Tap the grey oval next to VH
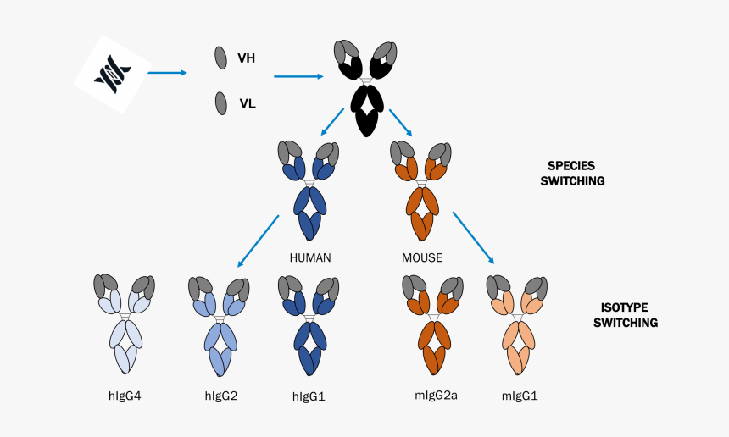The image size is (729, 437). pos(220,58)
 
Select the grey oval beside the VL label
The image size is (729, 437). pos(220,103)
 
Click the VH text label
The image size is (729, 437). pos(247,58)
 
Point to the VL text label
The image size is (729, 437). pos(248,104)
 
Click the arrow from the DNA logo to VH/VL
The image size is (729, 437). pos(167,73)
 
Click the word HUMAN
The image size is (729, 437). pos(310,257)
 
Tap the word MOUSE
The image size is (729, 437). pos(422,257)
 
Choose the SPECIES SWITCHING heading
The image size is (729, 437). pos(572,174)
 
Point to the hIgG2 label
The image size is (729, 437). pos(221,395)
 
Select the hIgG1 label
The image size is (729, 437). pos(310,395)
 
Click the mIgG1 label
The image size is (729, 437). pos(519,395)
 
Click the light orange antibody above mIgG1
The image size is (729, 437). pos(515,326)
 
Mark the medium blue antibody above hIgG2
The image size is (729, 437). pos(219,326)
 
